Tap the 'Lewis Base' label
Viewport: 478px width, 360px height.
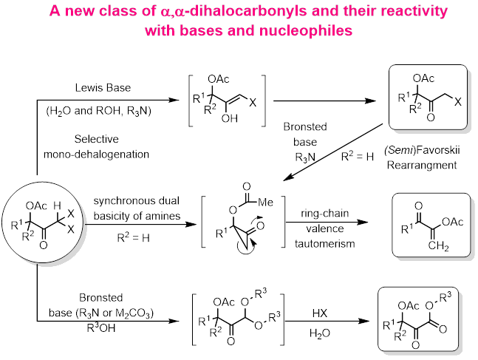[x=107, y=88]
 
